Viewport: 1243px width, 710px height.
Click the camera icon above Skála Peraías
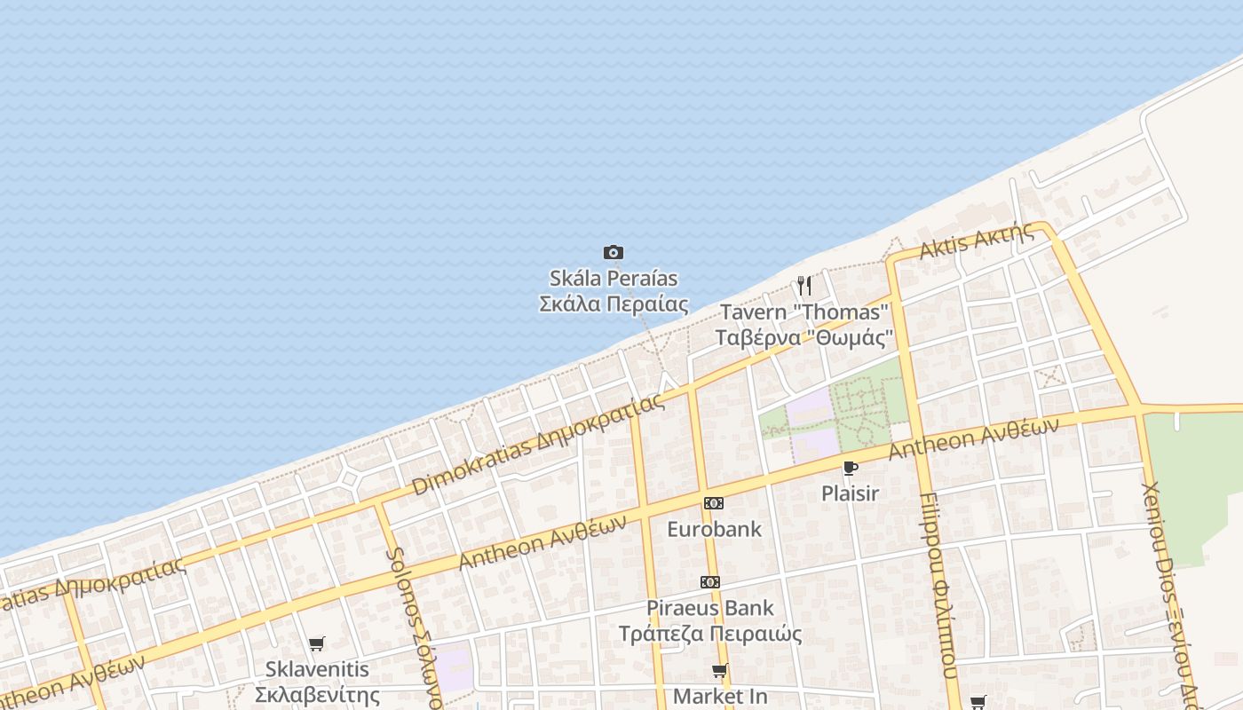[x=613, y=253]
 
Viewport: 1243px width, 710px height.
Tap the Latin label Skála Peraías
[x=614, y=279]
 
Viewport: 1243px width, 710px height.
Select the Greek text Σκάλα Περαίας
[x=614, y=304]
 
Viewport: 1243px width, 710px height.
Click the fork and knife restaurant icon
[x=804, y=286]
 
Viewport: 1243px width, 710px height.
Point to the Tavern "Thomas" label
[x=804, y=312]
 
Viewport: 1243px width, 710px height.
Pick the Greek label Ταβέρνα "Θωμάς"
[x=804, y=338]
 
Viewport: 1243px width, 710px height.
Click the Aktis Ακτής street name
[x=977, y=241]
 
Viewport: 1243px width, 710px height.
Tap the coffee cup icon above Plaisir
[x=850, y=468]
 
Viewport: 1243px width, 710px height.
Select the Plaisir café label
[x=850, y=493]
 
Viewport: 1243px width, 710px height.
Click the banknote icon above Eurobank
[x=713, y=503]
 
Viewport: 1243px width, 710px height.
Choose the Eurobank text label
[x=714, y=530]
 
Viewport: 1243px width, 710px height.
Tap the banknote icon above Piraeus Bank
[x=709, y=582]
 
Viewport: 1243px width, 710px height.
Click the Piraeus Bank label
[x=710, y=609]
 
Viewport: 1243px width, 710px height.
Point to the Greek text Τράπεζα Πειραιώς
[x=710, y=635]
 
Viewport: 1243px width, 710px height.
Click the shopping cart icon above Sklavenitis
[x=317, y=643]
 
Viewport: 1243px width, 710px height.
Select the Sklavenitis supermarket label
[x=317, y=669]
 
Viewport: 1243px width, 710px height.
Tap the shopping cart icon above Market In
[x=719, y=671]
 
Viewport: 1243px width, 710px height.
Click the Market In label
[x=720, y=697]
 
